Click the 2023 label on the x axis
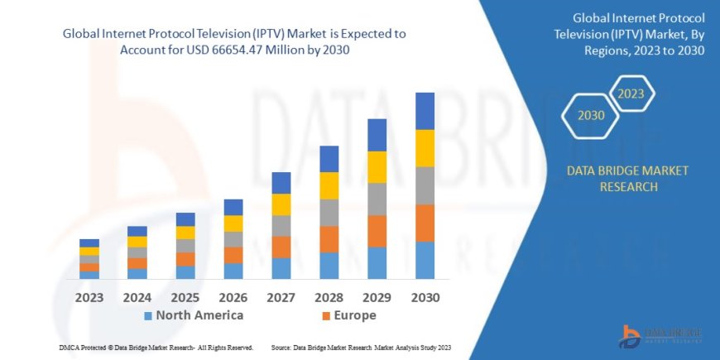[x=89, y=297]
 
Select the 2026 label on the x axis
[x=233, y=297]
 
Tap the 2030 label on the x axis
[x=425, y=297]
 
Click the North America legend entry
[x=194, y=315]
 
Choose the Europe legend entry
[x=348, y=315]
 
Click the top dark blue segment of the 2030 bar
[x=425, y=111]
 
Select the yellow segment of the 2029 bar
[x=377, y=167]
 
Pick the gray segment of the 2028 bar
[x=329, y=213]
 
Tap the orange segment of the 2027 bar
[x=281, y=247]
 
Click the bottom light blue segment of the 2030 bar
[x=425, y=260]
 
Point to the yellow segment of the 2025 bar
[x=185, y=233]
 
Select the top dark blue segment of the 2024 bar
[x=137, y=231]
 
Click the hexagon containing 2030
[x=591, y=116]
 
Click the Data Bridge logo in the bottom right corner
[x=661, y=334]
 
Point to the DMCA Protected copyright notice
[x=156, y=348]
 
